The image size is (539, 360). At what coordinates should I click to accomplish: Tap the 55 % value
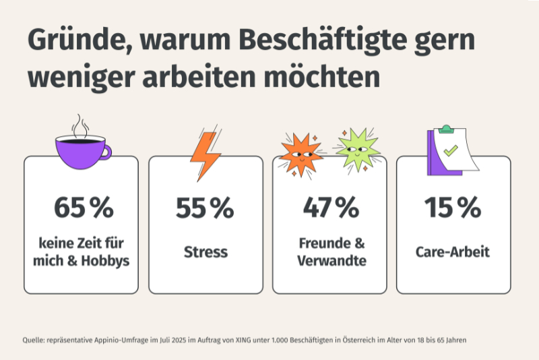coord(205,208)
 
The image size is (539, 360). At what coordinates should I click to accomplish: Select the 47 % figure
coord(329,208)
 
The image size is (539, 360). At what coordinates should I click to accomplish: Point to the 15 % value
coord(453,208)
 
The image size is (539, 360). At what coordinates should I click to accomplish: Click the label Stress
coord(205,253)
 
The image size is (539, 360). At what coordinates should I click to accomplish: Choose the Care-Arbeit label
coord(453,253)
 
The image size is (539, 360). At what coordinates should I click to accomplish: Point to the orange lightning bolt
coord(204,154)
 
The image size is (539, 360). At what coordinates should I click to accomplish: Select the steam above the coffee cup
coord(81,125)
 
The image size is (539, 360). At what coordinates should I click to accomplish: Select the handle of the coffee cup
coord(105,152)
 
